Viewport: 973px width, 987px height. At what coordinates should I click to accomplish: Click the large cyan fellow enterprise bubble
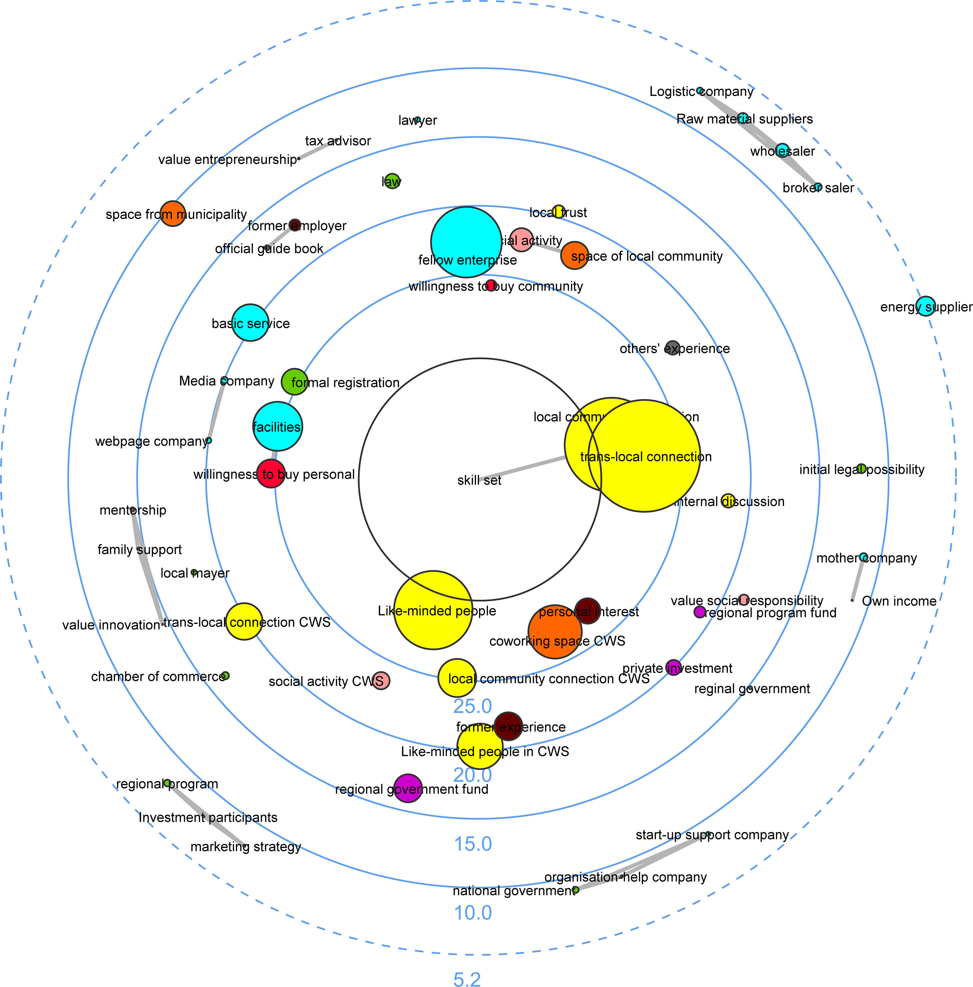pyautogui.click(x=466, y=242)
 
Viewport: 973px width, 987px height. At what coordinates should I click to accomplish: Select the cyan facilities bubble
pyautogui.click(x=277, y=426)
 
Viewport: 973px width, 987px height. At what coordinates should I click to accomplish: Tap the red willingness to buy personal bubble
pyautogui.click(x=271, y=473)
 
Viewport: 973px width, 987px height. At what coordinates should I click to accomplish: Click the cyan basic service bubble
pyautogui.click(x=250, y=322)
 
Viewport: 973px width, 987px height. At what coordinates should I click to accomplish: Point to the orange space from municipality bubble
pyautogui.click(x=173, y=213)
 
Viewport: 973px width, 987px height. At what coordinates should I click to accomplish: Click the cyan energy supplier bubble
pyautogui.click(x=925, y=306)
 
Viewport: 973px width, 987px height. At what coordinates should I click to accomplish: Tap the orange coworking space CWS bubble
pyautogui.click(x=555, y=632)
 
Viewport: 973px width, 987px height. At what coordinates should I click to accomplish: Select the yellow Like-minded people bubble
pyautogui.click(x=433, y=610)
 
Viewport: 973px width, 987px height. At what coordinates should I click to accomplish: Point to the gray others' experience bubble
pyautogui.click(x=673, y=348)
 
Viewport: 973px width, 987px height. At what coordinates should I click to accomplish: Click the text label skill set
pyautogui.click(x=479, y=480)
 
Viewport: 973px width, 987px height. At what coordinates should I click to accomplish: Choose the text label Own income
pyautogui.click(x=899, y=601)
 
